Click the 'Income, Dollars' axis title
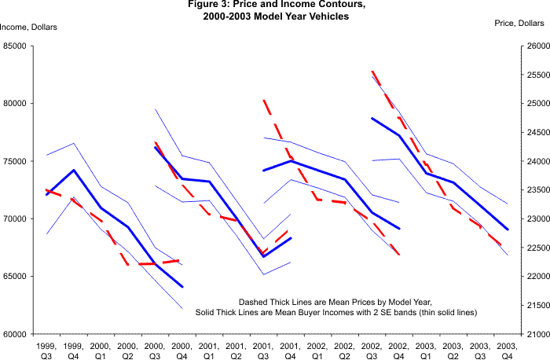(x=28, y=28)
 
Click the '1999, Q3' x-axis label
(x=47, y=349)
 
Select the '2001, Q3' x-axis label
(x=263, y=349)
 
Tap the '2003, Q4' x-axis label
(x=507, y=349)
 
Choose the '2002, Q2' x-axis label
(x=344, y=349)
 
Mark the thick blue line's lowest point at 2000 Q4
(x=182, y=287)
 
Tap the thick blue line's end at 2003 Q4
(x=507, y=230)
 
